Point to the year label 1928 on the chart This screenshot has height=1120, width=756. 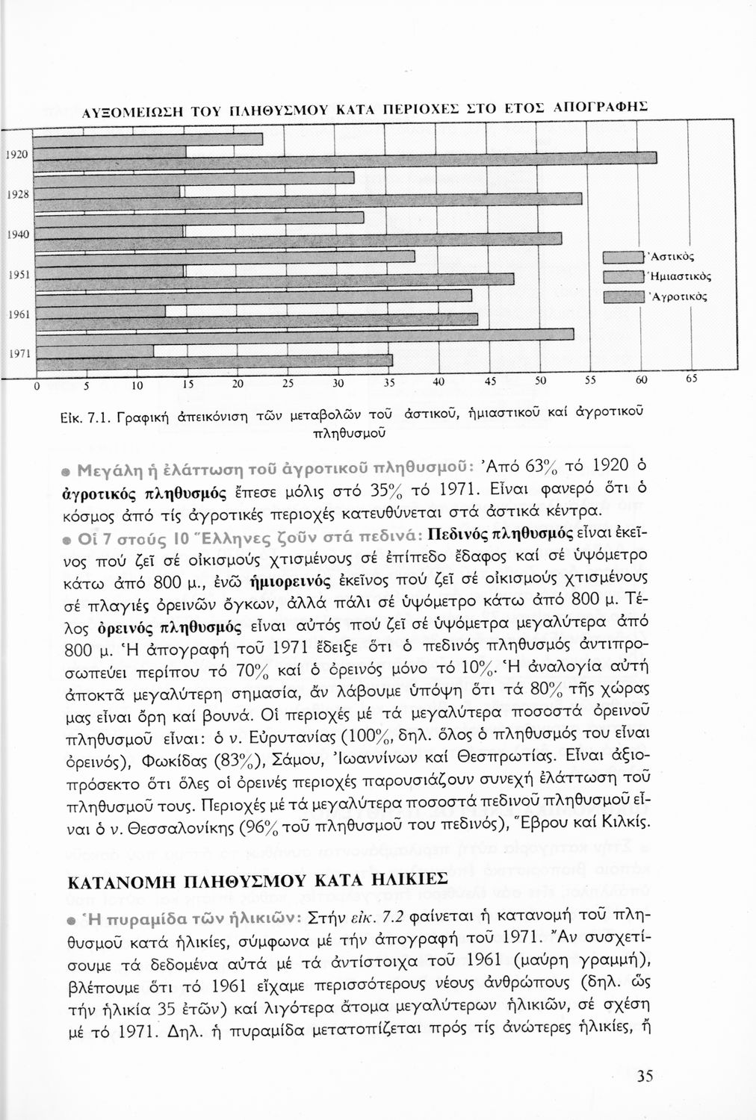coord(17,193)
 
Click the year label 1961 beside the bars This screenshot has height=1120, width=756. coord(17,314)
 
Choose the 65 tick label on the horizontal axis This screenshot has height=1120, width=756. coord(691,379)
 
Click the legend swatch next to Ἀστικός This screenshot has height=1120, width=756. coord(623,258)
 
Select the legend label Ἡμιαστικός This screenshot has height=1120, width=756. coord(678,276)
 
